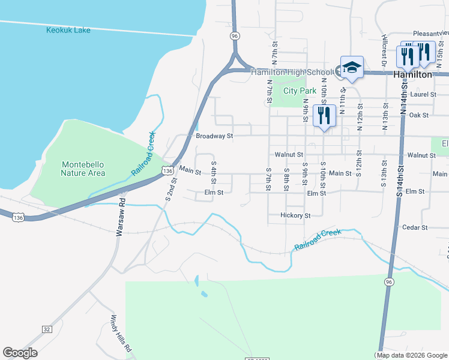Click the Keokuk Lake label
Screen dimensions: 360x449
68,29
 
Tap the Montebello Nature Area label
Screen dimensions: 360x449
83,169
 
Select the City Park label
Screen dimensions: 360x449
300,91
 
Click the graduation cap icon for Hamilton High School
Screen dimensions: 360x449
352,67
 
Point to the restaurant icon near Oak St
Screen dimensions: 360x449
324,115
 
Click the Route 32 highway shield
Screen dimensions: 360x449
47,329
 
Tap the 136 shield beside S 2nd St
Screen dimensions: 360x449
167,171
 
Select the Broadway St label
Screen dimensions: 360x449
214,136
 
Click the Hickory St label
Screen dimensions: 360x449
295,215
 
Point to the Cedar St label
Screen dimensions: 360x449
415,227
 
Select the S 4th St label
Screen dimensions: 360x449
213,173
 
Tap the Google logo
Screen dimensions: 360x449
20,353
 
